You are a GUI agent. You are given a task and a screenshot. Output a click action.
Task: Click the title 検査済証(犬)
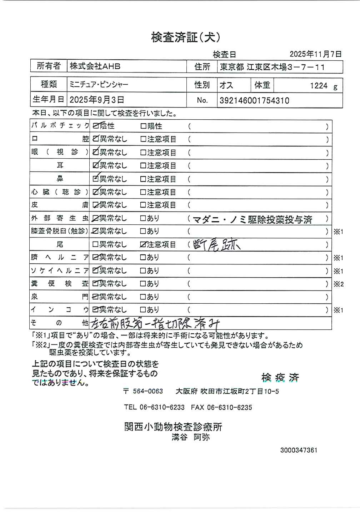[x=185, y=38]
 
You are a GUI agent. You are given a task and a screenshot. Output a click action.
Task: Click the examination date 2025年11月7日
[x=315, y=54]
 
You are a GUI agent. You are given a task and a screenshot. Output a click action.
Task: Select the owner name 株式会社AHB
[x=95, y=66]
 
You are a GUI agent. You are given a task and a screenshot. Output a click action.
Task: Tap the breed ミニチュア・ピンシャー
[x=99, y=85]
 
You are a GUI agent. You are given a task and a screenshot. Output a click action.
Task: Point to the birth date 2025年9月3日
[x=97, y=100]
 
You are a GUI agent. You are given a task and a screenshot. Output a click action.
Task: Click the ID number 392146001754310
[x=254, y=100]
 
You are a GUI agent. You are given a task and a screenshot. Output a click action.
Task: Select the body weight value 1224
[x=319, y=86]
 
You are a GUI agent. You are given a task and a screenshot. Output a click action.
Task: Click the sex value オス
[x=226, y=85]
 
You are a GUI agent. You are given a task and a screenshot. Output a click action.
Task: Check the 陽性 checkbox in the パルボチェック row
[x=143, y=126]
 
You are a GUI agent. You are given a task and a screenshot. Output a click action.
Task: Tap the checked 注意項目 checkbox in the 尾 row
[x=143, y=245]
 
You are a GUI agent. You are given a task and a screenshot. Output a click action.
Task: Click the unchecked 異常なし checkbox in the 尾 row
[x=95, y=245]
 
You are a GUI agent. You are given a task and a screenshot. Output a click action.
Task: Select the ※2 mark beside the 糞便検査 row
[x=338, y=284]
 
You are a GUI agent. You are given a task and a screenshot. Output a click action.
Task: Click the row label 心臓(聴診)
[x=60, y=192]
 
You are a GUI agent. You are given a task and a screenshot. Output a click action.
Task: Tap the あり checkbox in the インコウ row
[x=143, y=310]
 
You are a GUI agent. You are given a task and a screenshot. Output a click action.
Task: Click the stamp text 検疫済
[x=280, y=377]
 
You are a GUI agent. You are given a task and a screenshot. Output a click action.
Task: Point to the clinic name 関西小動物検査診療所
[x=173, y=427]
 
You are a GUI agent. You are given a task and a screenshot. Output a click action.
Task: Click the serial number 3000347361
[x=299, y=450]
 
